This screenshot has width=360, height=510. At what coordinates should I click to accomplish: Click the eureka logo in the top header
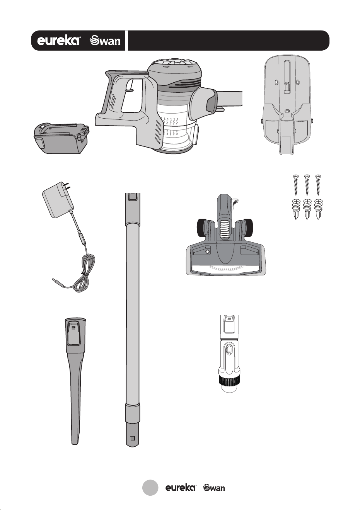[58, 41]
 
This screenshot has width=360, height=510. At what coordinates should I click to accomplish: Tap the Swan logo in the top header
[105, 41]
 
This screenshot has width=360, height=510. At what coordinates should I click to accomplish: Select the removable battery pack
[61, 138]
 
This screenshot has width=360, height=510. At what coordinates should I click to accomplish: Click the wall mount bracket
[287, 105]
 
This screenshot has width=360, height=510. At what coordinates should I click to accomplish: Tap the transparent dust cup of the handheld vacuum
[177, 130]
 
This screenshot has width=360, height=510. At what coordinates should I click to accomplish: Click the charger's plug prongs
[66, 186]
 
